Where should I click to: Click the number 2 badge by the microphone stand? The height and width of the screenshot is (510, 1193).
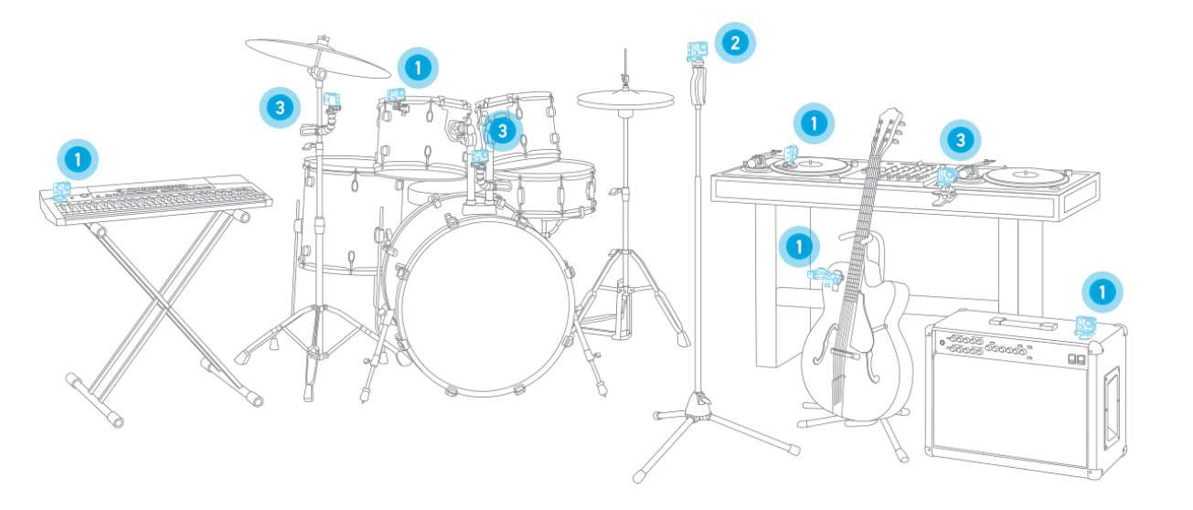tap(735, 43)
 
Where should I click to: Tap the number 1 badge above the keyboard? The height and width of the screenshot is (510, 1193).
tap(78, 159)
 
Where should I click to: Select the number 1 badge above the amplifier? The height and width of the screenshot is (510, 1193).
tap(1102, 292)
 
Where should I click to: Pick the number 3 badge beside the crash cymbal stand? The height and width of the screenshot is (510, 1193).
tap(280, 108)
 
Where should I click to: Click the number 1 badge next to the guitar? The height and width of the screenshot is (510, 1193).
tap(799, 247)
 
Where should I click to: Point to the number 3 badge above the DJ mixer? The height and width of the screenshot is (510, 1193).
tap(960, 140)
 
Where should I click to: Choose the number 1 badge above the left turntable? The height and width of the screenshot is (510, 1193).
tap(814, 123)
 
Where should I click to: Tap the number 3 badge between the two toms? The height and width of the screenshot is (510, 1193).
tap(502, 131)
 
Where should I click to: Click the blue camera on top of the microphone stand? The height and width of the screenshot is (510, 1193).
tap(698, 50)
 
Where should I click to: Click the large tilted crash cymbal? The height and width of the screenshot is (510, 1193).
tap(318, 58)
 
